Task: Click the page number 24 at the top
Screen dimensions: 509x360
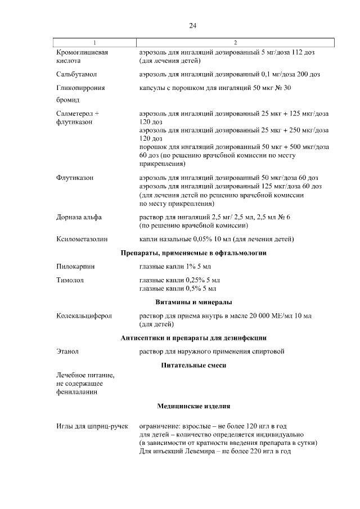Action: pos(192,26)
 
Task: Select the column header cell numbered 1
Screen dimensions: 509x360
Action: pos(94,43)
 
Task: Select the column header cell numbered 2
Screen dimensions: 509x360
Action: pos(235,43)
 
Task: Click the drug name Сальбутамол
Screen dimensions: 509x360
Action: pos(78,74)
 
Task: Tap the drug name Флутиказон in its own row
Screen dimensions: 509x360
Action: pos(75,178)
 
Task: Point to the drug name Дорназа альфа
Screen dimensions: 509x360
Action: pos(79,217)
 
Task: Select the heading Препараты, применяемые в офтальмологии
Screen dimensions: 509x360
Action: pos(193,253)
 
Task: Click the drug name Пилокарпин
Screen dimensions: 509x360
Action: pos(75,267)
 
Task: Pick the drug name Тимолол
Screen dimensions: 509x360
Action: pos(70,280)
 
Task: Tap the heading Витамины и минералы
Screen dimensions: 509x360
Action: pos(193,303)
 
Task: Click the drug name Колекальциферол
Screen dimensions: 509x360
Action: pos(84,316)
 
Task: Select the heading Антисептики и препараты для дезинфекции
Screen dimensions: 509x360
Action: pos(193,338)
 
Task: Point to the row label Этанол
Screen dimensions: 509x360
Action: pos(67,352)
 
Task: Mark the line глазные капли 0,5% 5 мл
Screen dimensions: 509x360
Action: pos(178,289)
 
